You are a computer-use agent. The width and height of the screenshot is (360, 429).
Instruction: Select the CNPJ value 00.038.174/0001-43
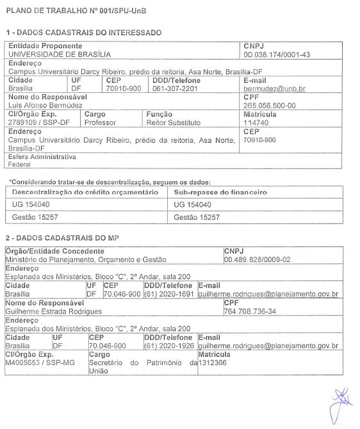click(277, 54)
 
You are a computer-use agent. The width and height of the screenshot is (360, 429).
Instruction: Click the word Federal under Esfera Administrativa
click(20, 164)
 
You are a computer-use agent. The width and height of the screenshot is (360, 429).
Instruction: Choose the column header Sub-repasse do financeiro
click(220, 192)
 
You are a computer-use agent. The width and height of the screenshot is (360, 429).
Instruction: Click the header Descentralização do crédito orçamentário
click(85, 192)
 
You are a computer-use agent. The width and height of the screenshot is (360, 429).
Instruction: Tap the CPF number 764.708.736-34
click(250, 311)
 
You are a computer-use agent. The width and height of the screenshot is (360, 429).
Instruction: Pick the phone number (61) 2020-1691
click(168, 294)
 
